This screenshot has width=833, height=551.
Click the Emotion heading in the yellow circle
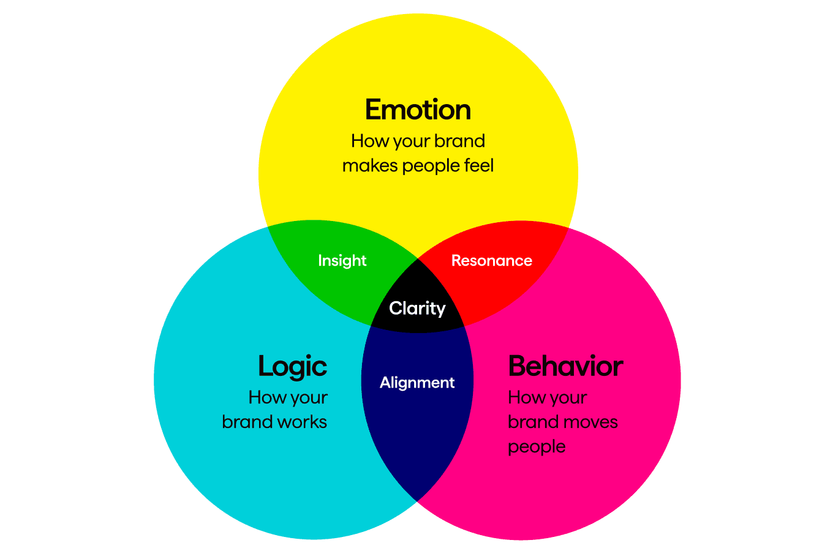tap(418, 110)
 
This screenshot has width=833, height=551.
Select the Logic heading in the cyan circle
tap(292, 366)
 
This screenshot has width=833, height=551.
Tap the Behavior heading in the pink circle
tap(565, 366)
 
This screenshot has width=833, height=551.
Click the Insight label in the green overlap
tap(342, 261)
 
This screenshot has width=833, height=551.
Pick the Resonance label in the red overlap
tap(491, 261)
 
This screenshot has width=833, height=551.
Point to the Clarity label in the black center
tap(417, 309)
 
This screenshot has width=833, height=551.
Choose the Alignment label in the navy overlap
tap(417, 383)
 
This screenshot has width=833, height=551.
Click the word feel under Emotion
tap(478, 165)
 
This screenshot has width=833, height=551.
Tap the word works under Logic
tap(301, 422)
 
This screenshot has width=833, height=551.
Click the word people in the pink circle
tap(537, 447)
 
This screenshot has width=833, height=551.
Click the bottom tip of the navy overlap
tap(417, 499)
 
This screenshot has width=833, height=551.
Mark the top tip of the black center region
tap(418, 260)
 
